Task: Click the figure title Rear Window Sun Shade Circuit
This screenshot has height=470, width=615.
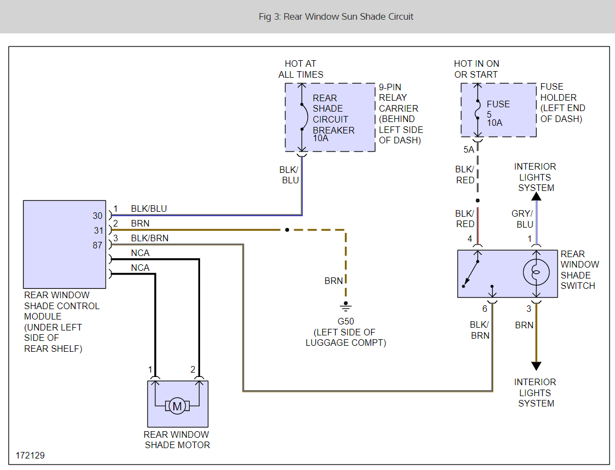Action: [336, 16]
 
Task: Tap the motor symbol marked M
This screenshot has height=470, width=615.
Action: [177, 406]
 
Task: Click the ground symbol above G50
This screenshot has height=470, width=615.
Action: [345, 307]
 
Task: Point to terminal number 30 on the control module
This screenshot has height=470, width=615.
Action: [98, 216]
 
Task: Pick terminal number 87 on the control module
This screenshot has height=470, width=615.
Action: [97, 246]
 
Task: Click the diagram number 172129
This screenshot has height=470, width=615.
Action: [31, 455]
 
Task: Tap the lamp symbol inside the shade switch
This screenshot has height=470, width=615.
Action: [536, 273]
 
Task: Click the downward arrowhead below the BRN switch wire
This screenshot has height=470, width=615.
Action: [536, 366]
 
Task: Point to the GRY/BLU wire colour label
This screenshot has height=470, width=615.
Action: [522, 219]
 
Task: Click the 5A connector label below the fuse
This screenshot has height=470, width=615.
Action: [468, 149]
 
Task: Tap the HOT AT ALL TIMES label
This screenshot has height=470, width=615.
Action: [301, 69]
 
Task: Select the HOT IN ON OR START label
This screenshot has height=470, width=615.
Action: [476, 69]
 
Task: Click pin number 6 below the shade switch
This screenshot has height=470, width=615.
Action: [484, 309]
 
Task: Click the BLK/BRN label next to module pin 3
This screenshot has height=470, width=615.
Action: [150, 238]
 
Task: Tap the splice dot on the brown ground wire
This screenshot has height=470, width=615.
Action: [286, 230]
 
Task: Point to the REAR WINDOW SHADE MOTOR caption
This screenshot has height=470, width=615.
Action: [177, 439]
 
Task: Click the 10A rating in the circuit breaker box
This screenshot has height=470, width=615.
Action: [321, 138]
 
